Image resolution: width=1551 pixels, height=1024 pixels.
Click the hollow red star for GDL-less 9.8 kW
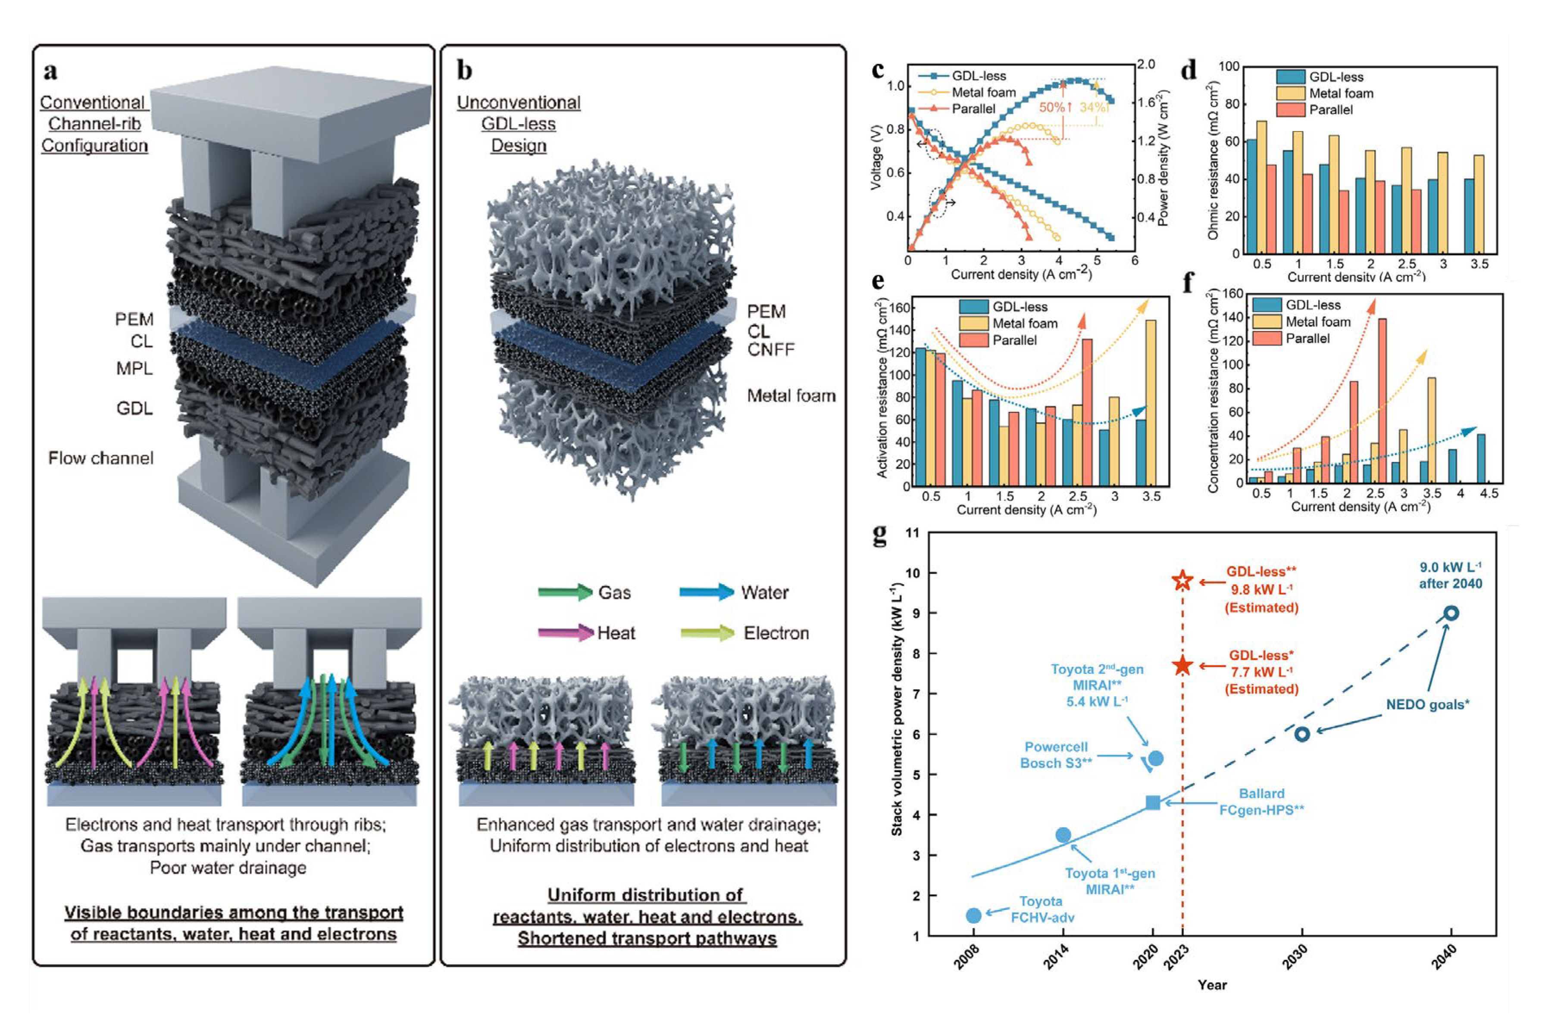point(1182,580)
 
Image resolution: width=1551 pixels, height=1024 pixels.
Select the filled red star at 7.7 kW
point(1182,666)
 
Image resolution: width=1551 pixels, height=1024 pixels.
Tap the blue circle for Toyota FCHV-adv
point(973,915)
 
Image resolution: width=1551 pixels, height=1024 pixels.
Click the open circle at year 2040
point(1451,613)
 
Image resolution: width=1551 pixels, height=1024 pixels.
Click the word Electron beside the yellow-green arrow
point(776,633)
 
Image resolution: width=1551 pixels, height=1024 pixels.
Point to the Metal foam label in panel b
point(791,396)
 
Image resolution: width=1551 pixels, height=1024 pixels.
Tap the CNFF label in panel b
point(771,350)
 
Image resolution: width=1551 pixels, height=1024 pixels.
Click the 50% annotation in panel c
point(1051,107)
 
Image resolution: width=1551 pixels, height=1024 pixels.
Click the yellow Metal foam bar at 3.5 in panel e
point(1151,403)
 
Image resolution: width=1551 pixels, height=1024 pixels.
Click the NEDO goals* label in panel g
point(1428,705)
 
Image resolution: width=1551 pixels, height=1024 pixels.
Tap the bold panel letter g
point(879,534)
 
